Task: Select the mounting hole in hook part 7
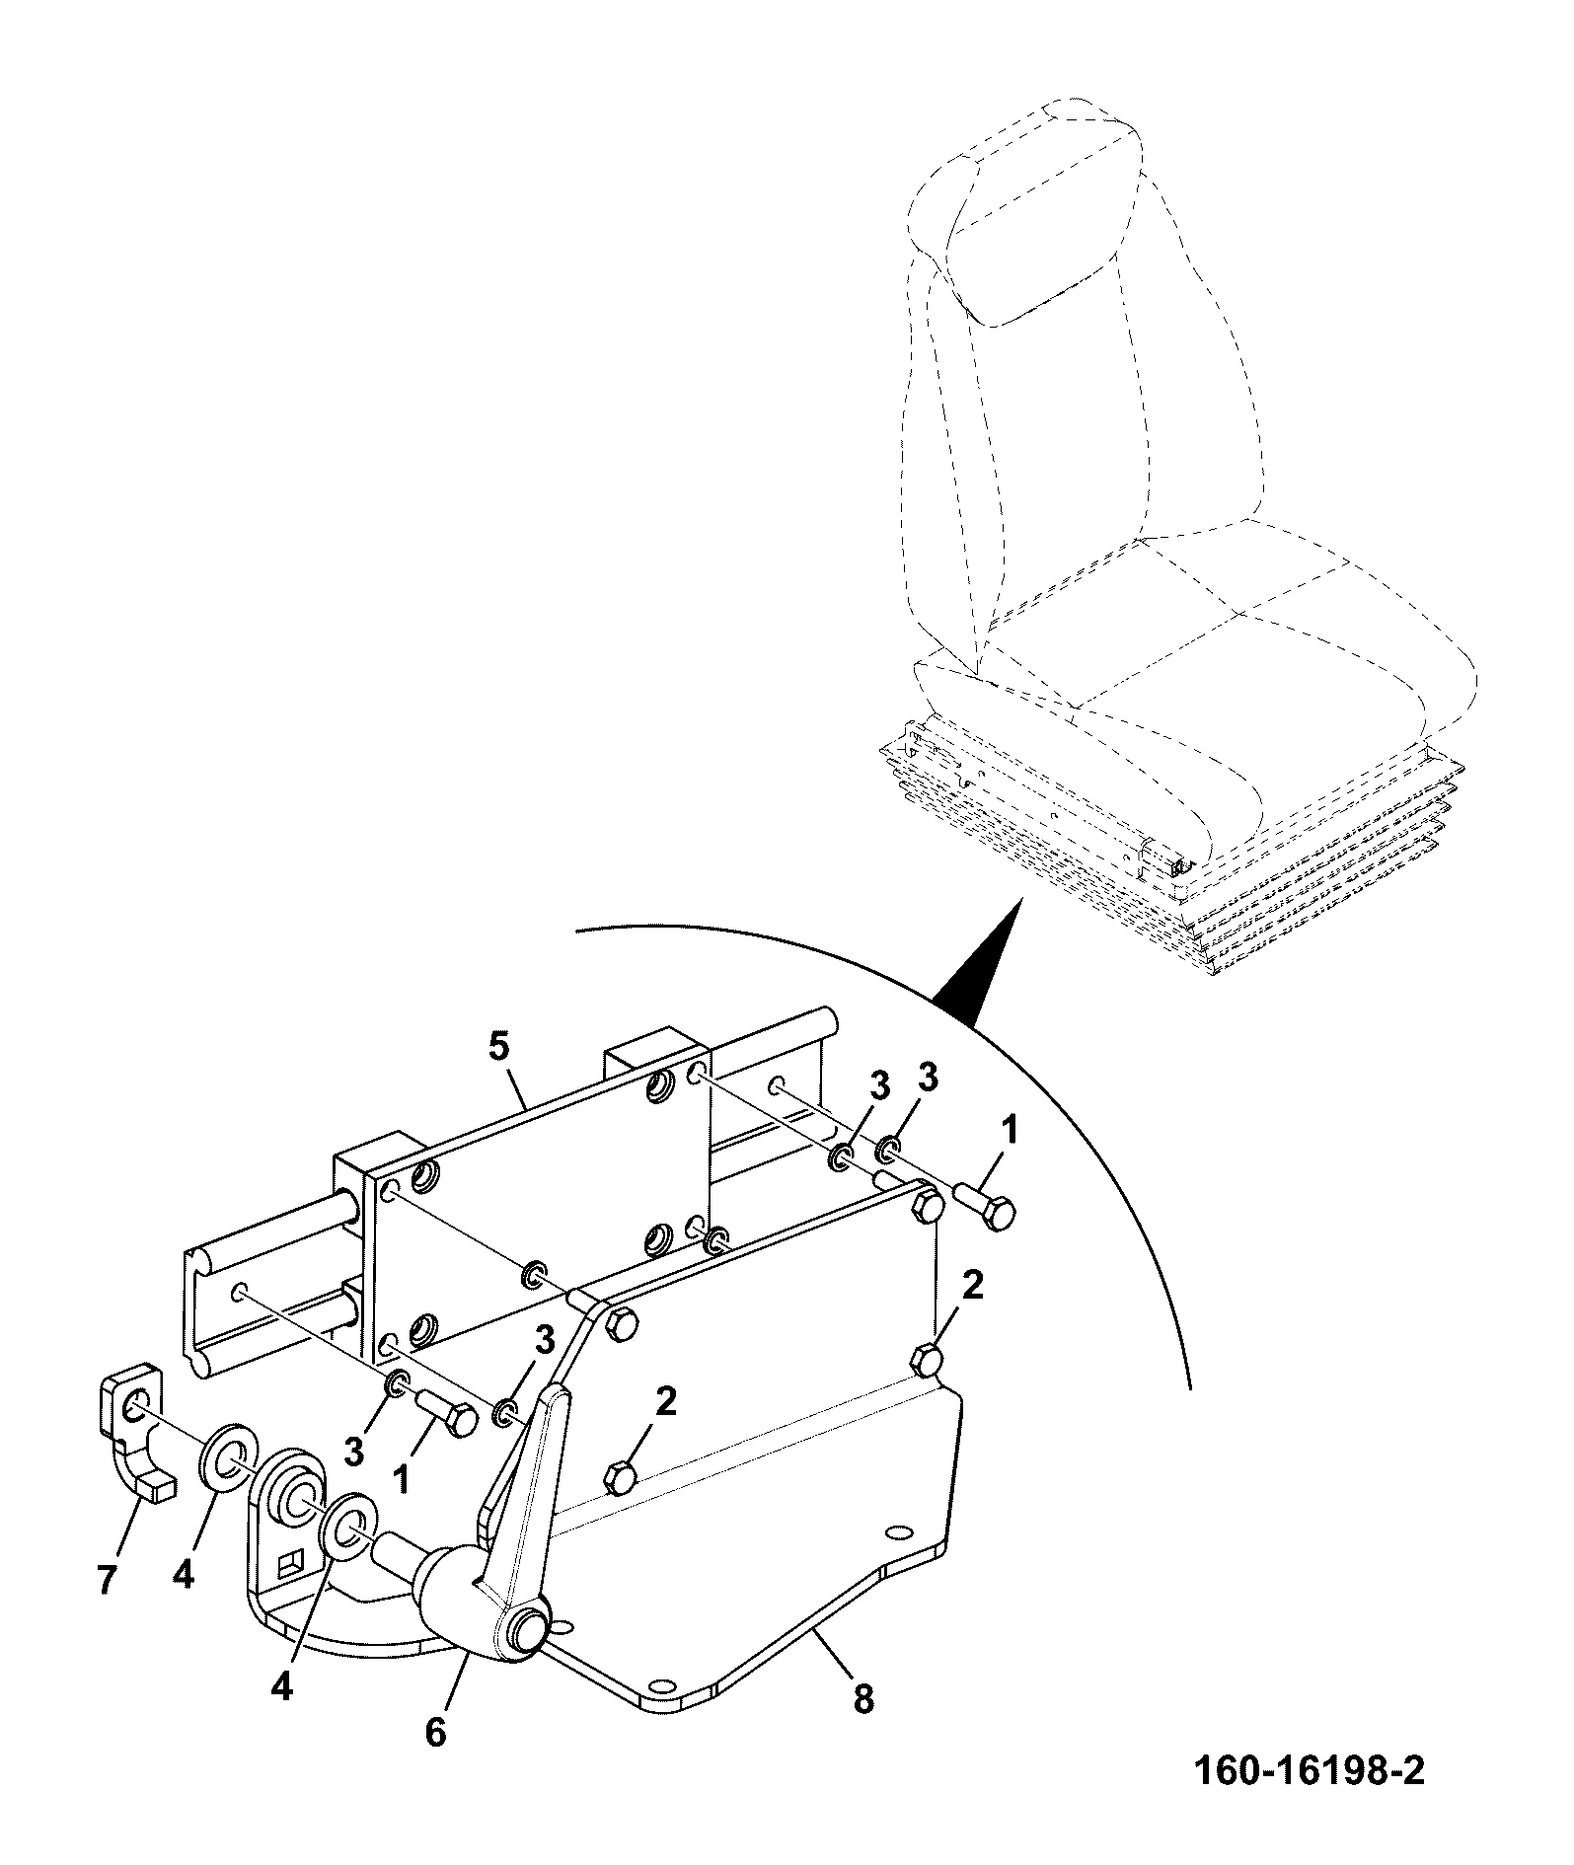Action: point(136,1396)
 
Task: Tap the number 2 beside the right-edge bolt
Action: point(973,1287)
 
